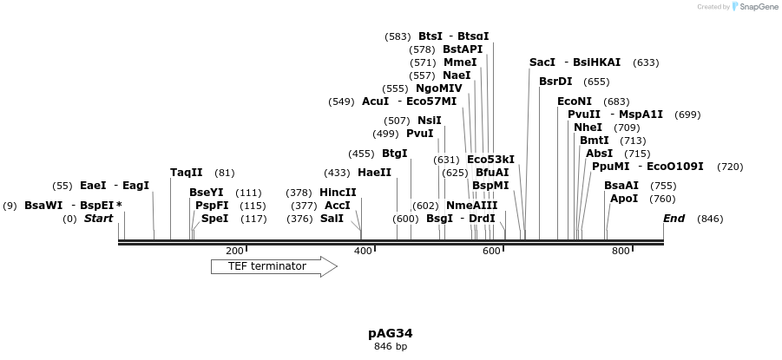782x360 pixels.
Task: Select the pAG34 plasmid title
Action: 391,333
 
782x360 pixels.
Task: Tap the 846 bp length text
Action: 391,346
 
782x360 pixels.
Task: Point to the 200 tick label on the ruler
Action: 234,251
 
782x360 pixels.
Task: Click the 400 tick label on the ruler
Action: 363,251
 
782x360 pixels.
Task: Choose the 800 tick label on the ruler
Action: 621,251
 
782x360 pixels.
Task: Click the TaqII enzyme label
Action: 187,173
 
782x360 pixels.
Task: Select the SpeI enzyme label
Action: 214,219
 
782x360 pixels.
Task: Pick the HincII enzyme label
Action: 338,193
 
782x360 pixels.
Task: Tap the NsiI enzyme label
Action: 429,121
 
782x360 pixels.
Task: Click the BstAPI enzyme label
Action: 463,49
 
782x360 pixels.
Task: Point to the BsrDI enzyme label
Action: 555,82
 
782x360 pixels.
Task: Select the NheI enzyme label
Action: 588,128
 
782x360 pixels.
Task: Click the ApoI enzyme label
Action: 624,199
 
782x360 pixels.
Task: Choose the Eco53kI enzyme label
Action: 490,160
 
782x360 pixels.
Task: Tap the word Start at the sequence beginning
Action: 98,219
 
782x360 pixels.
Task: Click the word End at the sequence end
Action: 674,219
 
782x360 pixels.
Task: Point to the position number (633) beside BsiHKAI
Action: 646,62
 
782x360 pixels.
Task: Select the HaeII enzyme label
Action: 374,173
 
